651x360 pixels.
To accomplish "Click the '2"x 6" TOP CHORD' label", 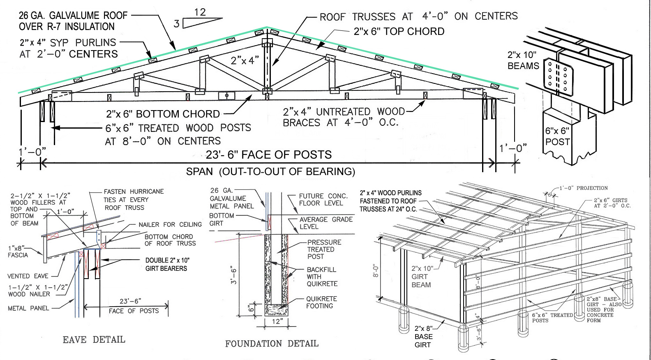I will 399,32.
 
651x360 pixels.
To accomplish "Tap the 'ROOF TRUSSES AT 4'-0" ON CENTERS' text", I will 418,16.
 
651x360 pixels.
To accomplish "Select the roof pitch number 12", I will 200,12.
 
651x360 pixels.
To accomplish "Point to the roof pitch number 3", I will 176,24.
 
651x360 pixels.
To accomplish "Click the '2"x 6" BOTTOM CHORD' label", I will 163,114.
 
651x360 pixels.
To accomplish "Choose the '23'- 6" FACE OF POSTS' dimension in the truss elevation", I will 268,155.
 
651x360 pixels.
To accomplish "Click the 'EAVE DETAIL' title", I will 94,340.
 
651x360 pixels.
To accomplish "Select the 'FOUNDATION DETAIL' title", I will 272,344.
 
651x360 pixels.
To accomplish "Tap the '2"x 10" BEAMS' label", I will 523,60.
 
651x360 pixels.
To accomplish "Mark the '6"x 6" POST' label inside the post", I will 557,136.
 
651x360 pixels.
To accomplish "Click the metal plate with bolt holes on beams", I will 558,77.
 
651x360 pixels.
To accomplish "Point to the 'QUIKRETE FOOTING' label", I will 321,302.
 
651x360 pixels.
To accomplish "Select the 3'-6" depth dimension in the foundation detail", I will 234,275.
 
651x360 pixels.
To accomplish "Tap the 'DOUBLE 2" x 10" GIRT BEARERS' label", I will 166,264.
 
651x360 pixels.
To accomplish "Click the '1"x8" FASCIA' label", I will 18,252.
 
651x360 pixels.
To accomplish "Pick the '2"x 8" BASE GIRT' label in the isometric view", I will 423,337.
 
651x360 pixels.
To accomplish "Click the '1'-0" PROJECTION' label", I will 583,188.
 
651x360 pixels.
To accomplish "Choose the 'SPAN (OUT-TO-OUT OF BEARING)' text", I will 270,172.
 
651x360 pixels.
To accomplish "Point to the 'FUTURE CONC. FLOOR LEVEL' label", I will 323,200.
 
